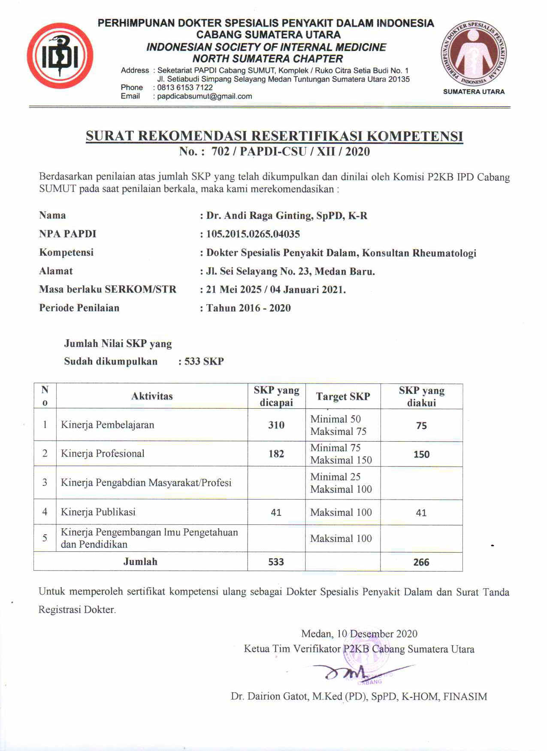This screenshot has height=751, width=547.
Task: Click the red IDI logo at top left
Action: (x=60, y=56)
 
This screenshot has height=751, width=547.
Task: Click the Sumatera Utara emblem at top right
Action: (x=474, y=53)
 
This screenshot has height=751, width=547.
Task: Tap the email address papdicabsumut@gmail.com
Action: (x=205, y=96)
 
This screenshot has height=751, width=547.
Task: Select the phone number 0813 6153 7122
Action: (x=185, y=87)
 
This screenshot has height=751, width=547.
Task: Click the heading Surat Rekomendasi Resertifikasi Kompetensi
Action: (x=274, y=136)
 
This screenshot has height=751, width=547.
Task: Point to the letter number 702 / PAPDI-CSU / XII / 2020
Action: (x=290, y=151)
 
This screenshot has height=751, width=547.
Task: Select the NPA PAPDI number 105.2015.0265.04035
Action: (x=253, y=234)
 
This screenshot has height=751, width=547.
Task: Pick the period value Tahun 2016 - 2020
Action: (x=248, y=308)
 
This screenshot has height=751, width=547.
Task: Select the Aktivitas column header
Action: (x=152, y=396)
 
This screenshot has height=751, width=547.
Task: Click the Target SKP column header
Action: (x=343, y=397)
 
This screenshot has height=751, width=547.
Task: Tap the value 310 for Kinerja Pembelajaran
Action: (x=276, y=425)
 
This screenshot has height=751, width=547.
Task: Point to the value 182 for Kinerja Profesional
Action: (x=276, y=454)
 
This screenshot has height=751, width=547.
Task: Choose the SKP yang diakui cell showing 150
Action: (x=421, y=454)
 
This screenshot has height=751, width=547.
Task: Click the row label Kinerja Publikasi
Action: (x=98, y=512)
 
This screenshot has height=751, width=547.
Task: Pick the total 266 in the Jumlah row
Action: (x=421, y=562)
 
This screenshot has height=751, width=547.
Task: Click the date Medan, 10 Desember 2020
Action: (x=359, y=634)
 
